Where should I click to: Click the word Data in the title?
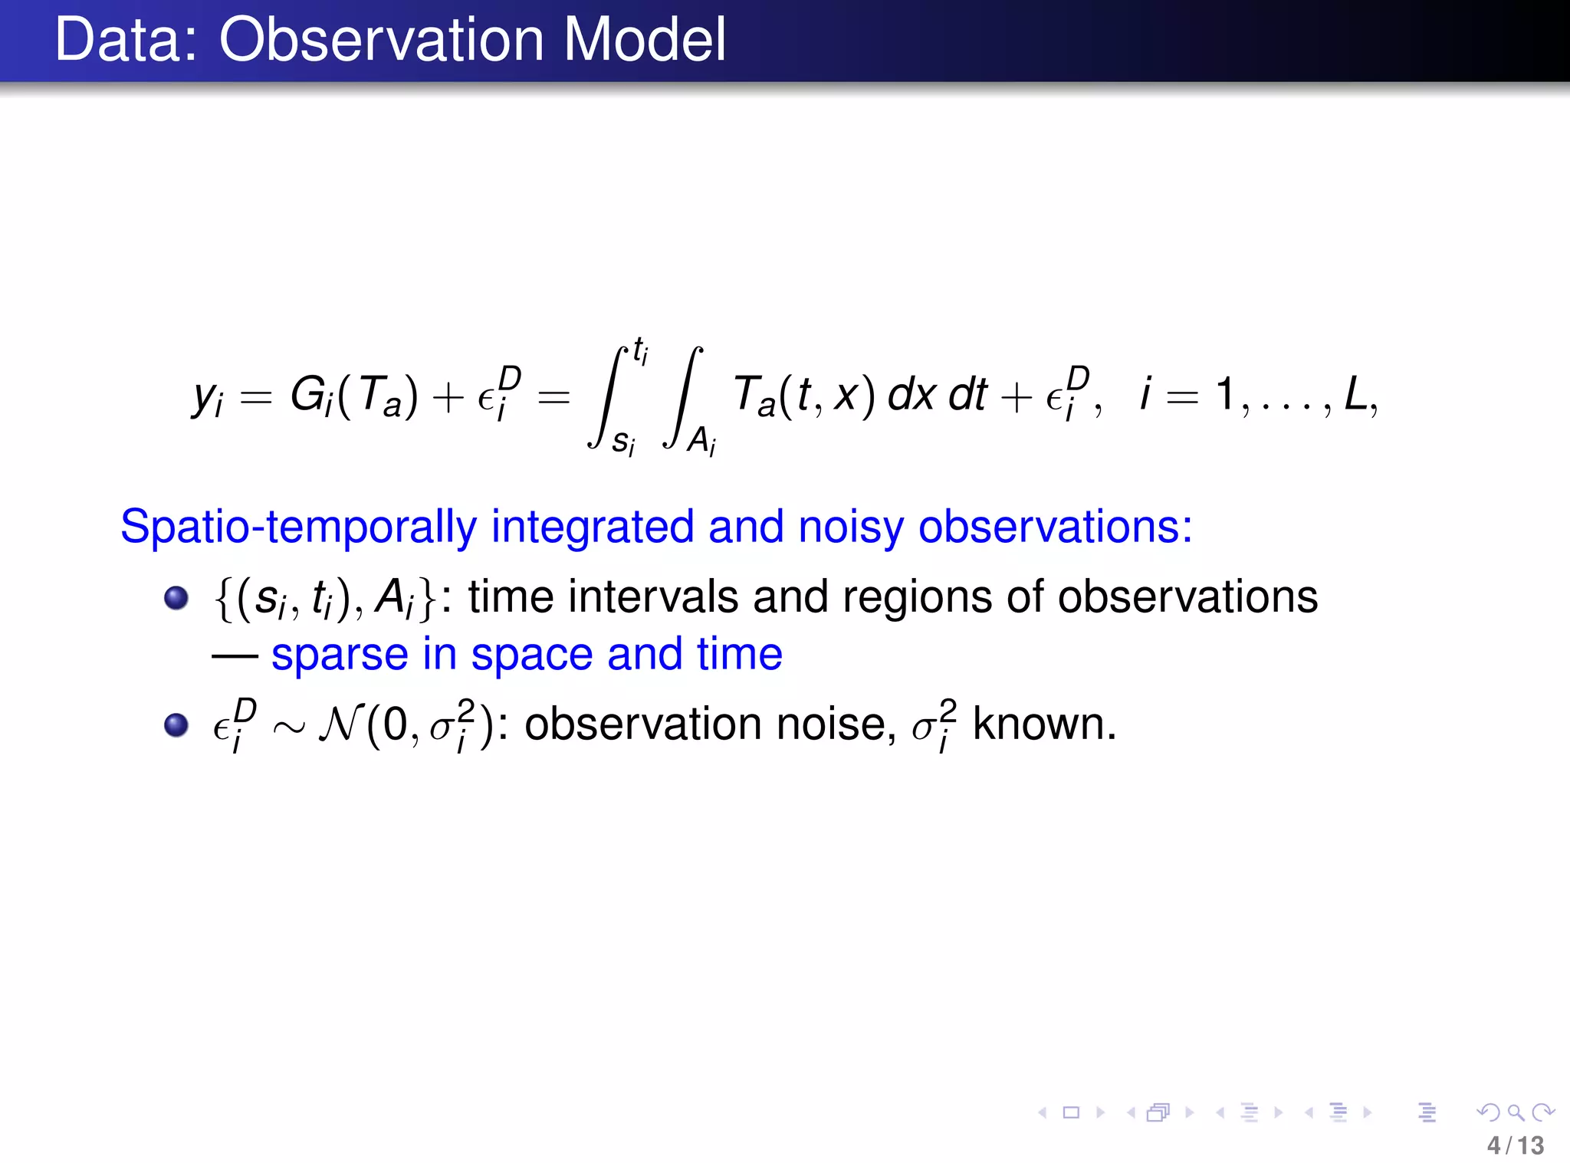(x=125, y=40)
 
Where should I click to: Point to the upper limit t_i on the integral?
(x=640, y=351)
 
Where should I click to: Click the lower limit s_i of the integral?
(x=622, y=442)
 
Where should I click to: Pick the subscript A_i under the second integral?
(x=701, y=442)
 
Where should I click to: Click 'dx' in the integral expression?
(x=911, y=395)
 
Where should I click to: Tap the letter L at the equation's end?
(x=1355, y=395)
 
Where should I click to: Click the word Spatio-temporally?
(x=298, y=527)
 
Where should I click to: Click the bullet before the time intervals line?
(x=176, y=597)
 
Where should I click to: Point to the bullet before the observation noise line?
(x=176, y=724)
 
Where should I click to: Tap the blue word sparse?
(x=340, y=655)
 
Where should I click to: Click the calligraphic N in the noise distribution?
(x=340, y=724)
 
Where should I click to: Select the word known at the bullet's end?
(x=1044, y=724)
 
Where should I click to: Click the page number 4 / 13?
(x=1515, y=1145)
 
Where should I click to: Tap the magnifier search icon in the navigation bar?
(x=1515, y=1112)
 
